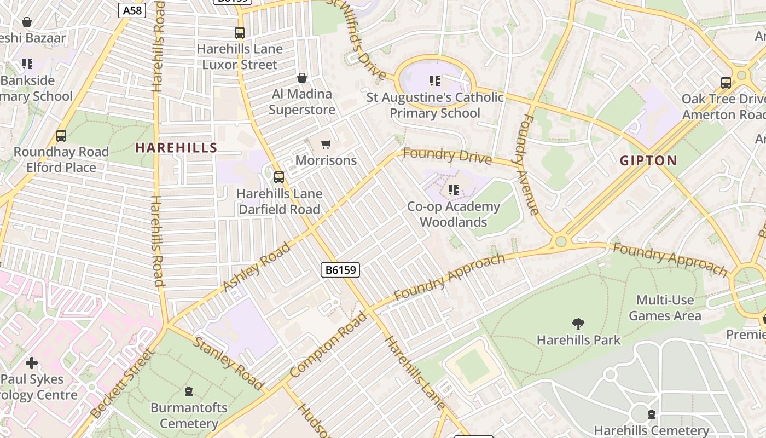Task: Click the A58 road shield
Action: click(x=132, y=10)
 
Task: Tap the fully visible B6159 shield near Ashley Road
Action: click(x=340, y=269)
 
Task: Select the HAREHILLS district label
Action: click(x=176, y=147)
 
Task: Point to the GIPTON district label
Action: click(x=648, y=160)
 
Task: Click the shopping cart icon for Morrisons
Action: click(x=326, y=145)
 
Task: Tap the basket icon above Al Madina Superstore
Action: click(x=301, y=78)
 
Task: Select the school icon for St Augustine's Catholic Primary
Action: click(x=435, y=81)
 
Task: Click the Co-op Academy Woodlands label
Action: click(x=454, y=214)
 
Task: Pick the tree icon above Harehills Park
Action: click(x=578, y=324)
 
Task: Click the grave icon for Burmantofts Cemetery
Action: click(x=189, y=391)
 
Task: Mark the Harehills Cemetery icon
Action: click(x=651, y=414)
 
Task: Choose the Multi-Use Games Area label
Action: click(x=664, y=308)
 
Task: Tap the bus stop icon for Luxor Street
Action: click(x=240, y=33)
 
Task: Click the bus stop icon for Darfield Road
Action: click(x=279, y=177)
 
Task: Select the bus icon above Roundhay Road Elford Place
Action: click(x=61, y=136)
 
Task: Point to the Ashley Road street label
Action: click(x=257, y=268)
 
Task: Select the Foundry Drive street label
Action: click(x=447, y=156)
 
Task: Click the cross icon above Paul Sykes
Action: click(x=32, y=362)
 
